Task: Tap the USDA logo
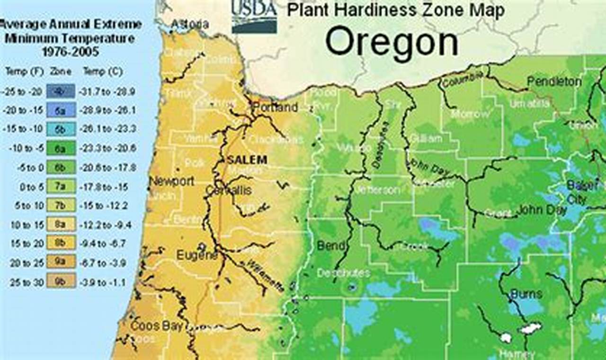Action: coord(254,17)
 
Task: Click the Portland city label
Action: coord(276,108)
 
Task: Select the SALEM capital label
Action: coord(247,160)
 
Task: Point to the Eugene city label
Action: coord(197,255)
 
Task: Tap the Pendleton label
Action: coord(554,81)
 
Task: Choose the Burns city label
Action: coord(526,294)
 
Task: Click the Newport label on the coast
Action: coord(171,181)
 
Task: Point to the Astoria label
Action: coord(189,24)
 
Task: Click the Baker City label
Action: coord(577,192)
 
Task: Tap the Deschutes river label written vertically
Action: coord(380,145)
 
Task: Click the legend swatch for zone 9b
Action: coord(61,282)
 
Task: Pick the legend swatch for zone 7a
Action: coord(61,187)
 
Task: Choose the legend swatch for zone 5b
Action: coord(61,129)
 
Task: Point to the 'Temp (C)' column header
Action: coord(103,72)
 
